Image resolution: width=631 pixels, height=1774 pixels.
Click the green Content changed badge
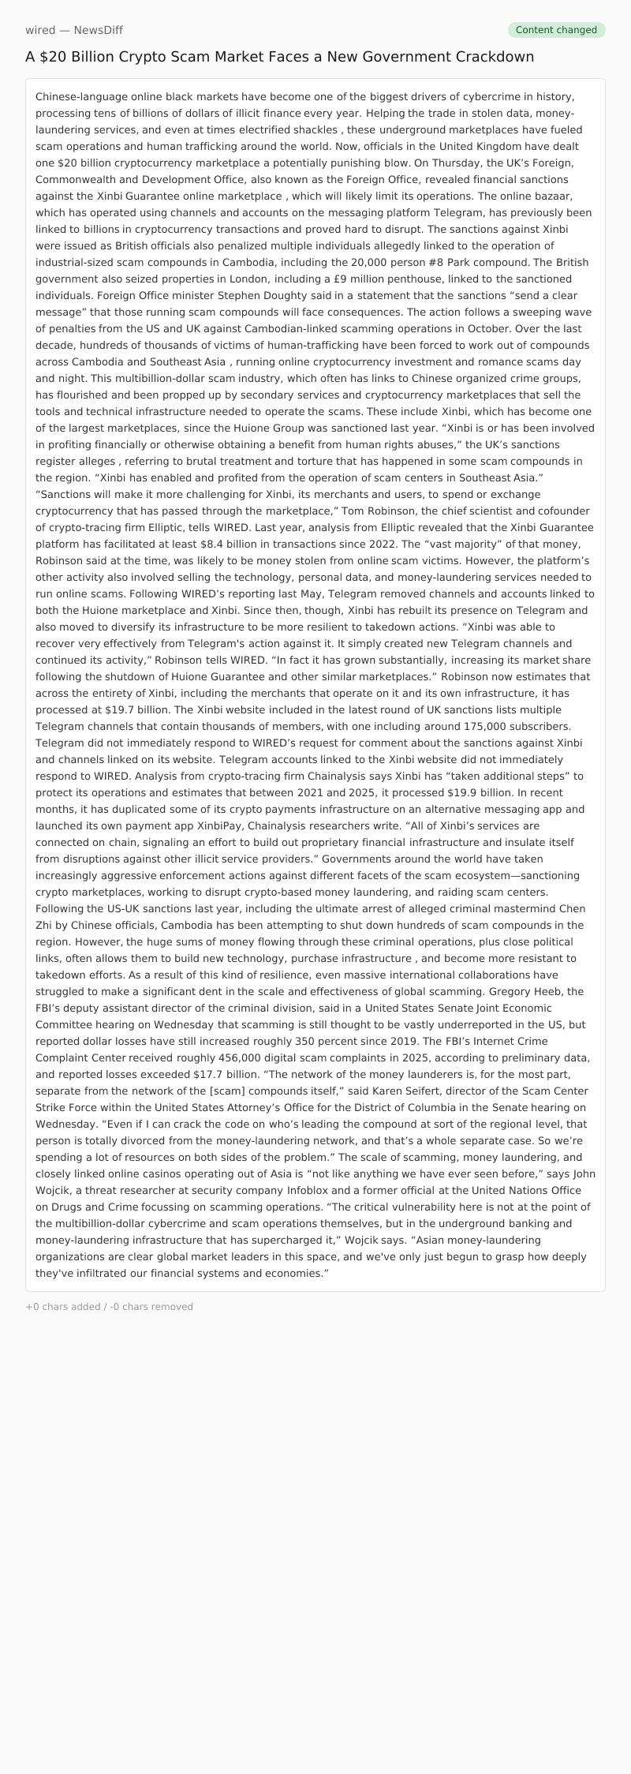pyautogui.click(x=556, y=30)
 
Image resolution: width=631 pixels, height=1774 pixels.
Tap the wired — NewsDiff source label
pyautogui.click(x=74, y=30)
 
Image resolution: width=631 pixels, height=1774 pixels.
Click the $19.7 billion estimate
pyautogui.click(x=138, y=709)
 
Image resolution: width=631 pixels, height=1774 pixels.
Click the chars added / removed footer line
pyautogui.click(x=109, y=1306)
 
